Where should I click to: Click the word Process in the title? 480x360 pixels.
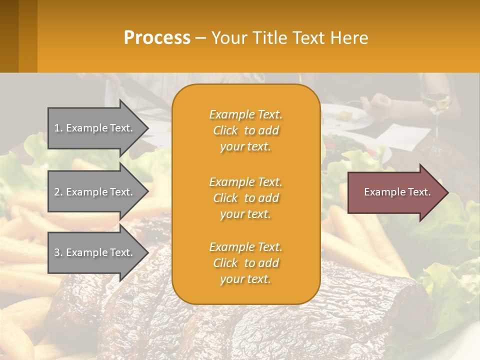(157, 38)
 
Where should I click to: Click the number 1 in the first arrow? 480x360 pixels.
(57, 128)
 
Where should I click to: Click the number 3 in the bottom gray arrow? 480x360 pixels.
(57, 252)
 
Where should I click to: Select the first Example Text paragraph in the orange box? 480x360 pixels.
(245, 130)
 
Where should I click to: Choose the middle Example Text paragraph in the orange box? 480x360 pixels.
(245, 198)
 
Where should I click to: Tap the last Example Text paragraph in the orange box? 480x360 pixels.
(245, 263)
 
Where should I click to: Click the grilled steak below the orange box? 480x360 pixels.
(240, 330)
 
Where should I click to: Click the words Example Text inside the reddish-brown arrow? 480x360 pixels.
(397, 192)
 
